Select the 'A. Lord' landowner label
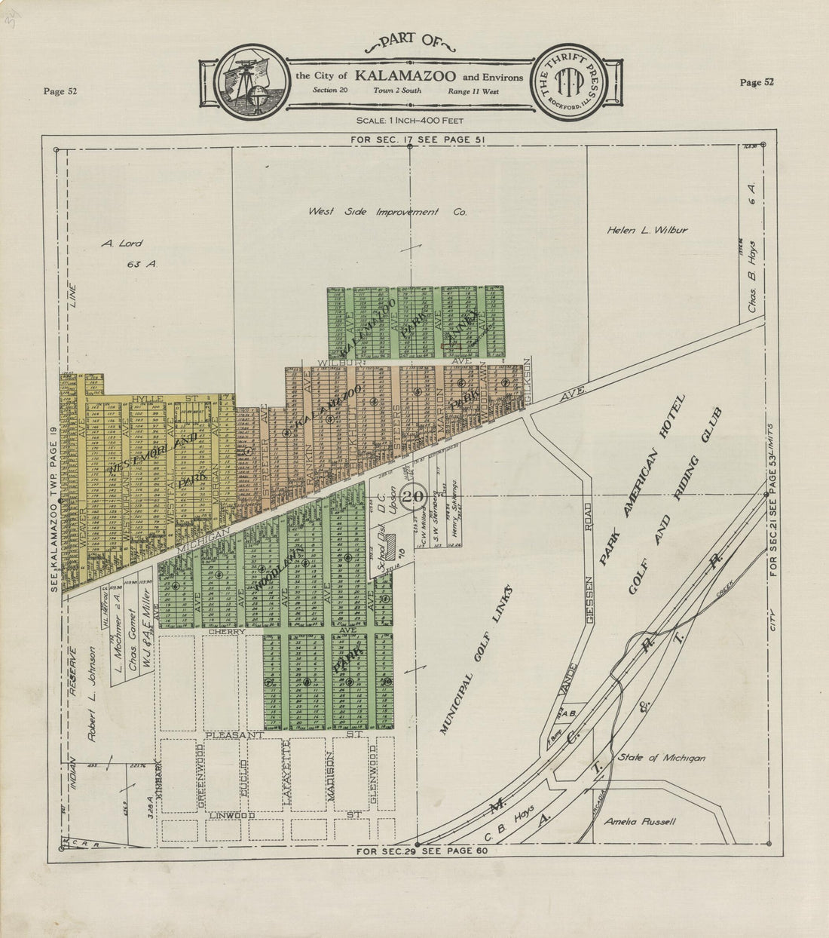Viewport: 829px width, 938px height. click(x=122, y=244)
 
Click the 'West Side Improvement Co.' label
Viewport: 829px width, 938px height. click(x=387, y=213)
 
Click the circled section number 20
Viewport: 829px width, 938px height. click(x=413, y=497)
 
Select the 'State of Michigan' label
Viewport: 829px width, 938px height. click(x=660, y=758)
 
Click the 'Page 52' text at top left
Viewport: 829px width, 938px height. click(x=60, y=91)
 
